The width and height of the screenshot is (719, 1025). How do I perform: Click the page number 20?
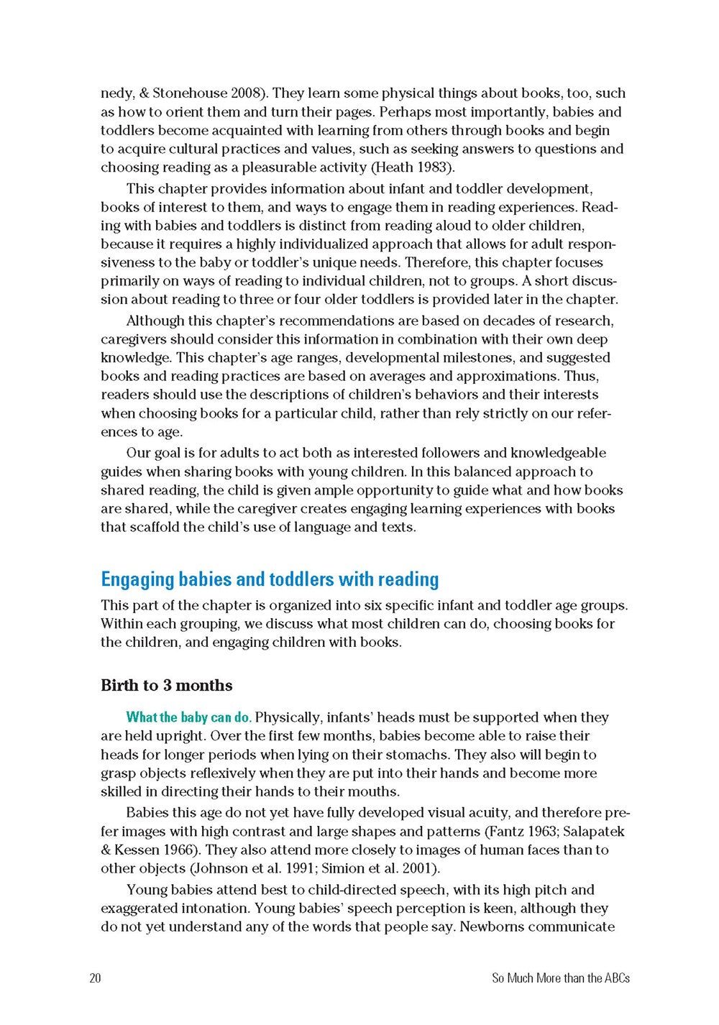click(x=95, y=978)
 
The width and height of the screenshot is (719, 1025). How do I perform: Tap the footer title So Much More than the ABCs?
click(x=561, y=978)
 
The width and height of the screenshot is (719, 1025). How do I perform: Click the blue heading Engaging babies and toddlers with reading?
click(x=270, y=579)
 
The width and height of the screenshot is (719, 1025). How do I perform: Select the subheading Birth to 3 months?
click(x=167, y=685)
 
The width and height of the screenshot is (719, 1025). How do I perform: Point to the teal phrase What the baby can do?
click(x=189, y=717)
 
